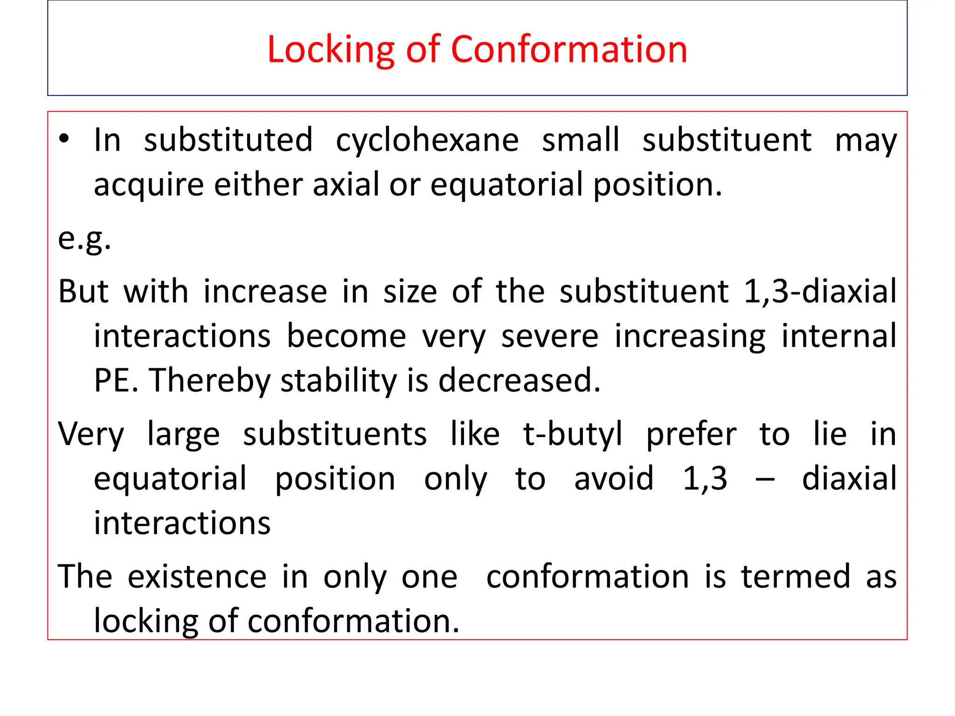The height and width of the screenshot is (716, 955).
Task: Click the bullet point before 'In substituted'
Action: pos(64,138)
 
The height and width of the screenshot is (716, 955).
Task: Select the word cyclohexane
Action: pos(427,140)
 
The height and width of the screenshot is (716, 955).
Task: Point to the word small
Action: pos(581,139)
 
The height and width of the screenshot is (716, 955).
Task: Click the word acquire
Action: pos(149,185)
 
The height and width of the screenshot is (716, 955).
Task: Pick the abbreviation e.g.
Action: pos(84,238)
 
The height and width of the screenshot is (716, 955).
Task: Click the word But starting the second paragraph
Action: pos(83,291)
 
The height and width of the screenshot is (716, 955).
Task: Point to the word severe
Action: pos(550,336)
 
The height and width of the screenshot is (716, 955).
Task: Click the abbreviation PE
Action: pos(116,380)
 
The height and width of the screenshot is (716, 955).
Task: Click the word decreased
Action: pos(519,380)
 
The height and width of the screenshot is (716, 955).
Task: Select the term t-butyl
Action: pos(573,434)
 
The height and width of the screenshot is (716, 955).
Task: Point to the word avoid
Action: pos(614,479)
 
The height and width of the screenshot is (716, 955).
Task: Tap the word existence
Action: pos(197,577)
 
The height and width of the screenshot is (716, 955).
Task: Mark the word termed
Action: pos(796,577)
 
